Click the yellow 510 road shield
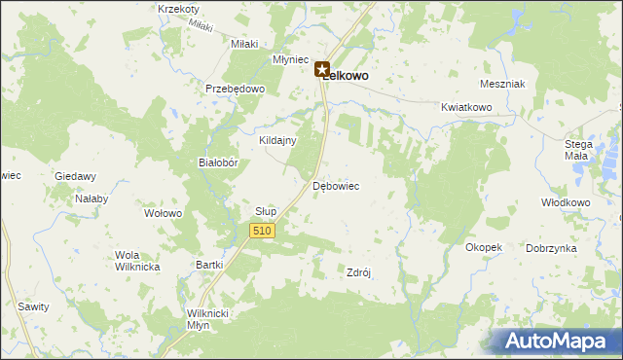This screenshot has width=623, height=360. [x=262, y=231]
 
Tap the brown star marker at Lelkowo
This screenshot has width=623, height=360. [x=322, y=69]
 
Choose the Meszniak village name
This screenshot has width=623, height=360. [x=502, y=84]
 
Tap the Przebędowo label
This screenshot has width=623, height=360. [x=236, y=88]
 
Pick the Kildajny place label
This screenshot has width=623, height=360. [x=277, y=140]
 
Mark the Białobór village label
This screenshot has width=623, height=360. [x=219, y=163]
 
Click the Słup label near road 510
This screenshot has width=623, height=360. [x=266, y=211]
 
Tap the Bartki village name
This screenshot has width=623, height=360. [x=210, y=265]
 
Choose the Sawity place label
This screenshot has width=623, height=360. [x=33, y=306]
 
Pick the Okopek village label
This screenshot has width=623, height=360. [x=484, y=247]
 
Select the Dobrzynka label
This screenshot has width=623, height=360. [x=551, y=248]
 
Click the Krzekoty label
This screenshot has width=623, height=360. [x=178, y=9]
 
